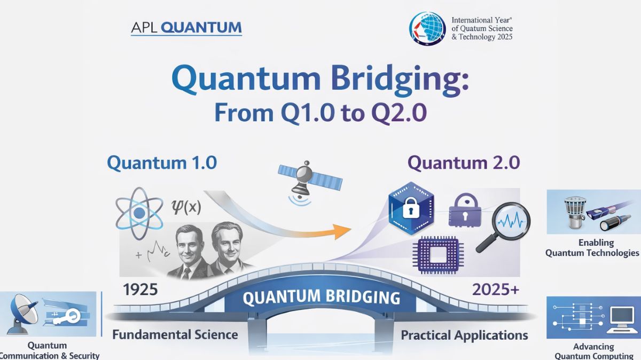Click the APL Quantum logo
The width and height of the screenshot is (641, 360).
point(186,28)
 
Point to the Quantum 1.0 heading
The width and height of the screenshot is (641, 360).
point(162,163)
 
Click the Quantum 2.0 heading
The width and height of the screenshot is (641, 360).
point(464,163)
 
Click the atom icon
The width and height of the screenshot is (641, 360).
point(139,213)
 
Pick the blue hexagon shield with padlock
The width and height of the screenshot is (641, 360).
point(411,207)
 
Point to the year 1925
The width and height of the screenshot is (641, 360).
point(140,289)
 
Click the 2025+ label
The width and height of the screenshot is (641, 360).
point(495,289)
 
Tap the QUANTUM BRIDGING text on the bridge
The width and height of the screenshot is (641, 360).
point(321,297)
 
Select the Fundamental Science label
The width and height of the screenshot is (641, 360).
point(175,335)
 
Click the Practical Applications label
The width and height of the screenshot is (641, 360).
point(464,335)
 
